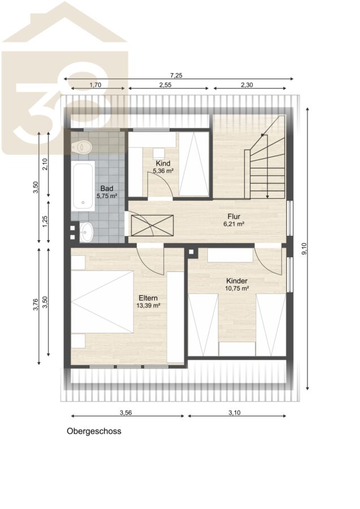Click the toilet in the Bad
click(x=82, y=147)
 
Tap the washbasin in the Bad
click(x=86, y=232)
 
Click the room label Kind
click(x=163, y=163)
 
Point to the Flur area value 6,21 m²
click(x=234, y=223)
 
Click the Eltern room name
click(x=148, y=298)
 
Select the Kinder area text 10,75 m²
click(x=237, y=288)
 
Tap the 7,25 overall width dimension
click(x=176, y=76)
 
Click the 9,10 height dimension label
click(x=304, y=248)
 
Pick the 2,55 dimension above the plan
click(x=165, y=85)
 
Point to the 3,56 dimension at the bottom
click(x=126, y=413)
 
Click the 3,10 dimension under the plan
click(x=235, y=413)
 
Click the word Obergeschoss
click(x=94, y=431)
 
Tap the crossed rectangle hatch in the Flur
click(x=152, y=225)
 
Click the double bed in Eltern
click(x=102, y=302)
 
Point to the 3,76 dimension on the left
click(x=36, y=304)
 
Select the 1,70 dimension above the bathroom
click(x=96, y=85)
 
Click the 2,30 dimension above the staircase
click(x=247, y=85)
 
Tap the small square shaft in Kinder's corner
click(x=192, y=252)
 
